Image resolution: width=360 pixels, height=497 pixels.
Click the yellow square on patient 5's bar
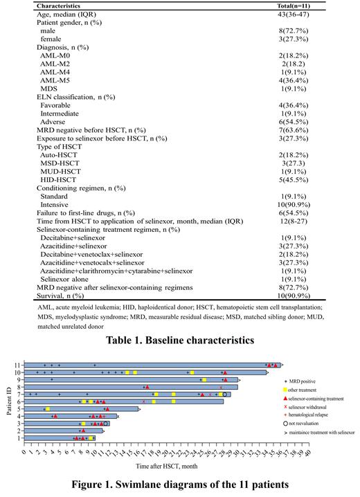click(x=46, y=408)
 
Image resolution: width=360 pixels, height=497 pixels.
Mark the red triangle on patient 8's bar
click(x=147, y=387)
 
